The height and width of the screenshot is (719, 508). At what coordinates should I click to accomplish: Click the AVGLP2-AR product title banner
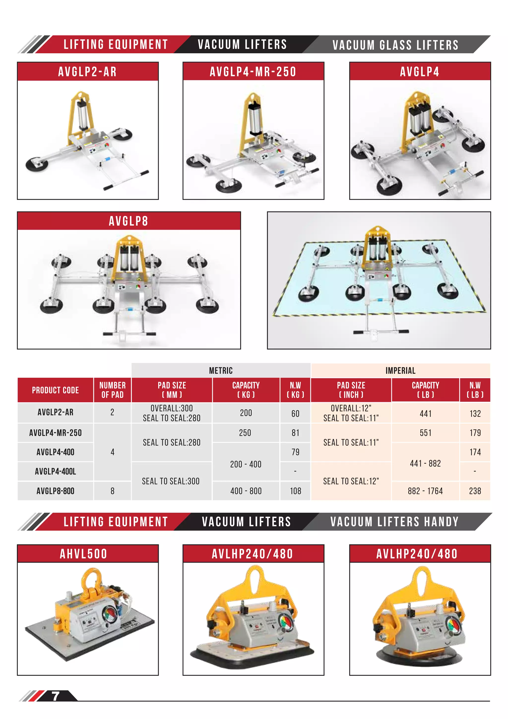[x=88, y=72]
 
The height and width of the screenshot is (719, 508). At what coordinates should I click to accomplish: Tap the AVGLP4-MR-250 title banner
[x=253, y=72]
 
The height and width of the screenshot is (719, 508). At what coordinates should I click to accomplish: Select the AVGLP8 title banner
[x=128, y=221]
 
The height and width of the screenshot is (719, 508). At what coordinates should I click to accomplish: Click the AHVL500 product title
[x=84, y=554]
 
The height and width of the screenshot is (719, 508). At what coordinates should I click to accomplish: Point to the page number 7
[x=55, y=696]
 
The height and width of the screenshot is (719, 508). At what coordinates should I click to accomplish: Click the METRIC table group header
[x=221, y=370]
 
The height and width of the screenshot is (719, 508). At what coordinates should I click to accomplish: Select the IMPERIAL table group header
[x=400, y=370]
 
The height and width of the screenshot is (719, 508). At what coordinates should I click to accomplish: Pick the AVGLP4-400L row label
[x=55, y=471]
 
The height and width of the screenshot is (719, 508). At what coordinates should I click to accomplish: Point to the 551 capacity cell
[x=425, y=433]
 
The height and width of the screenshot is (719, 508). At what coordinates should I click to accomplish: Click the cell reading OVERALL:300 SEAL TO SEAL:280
[x=172, y=413]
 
